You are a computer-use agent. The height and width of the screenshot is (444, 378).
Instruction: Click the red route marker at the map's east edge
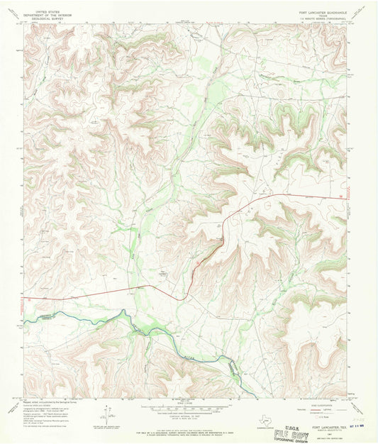click(345, 197)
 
